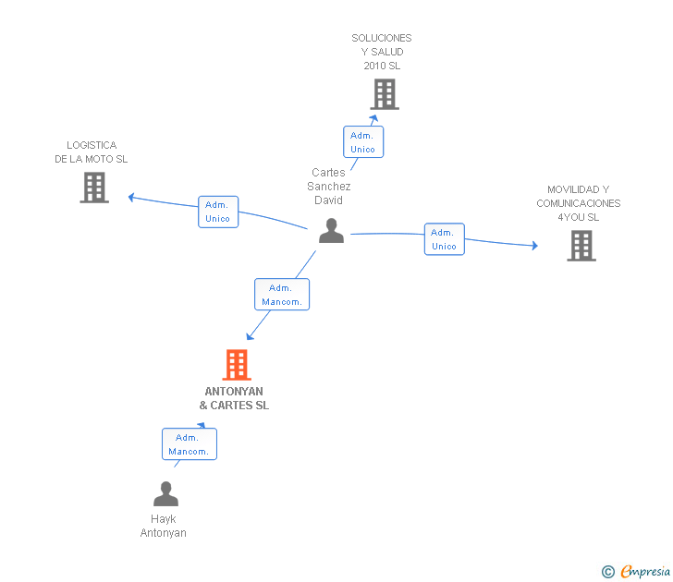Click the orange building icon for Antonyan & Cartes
pos(237,365)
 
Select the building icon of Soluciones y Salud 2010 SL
pos(385,94)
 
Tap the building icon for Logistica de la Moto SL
pos(94,188)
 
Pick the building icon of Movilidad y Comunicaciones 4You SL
pos(581,246)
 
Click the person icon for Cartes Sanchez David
pos(331,231)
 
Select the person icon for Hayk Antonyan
pos(165,494)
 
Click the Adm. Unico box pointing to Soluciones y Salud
pos(362,142)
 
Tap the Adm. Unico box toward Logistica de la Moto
pos(217,212)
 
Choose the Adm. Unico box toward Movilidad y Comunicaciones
pos(444,239)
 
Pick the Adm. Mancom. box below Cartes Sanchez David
pos(281,295)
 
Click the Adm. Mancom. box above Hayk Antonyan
pos(189,444)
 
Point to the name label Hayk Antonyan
pos(164,526)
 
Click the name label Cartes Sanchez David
pos(329,186)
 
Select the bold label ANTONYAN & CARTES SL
pos(234,398)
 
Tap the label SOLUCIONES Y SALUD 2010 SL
pos(382,52)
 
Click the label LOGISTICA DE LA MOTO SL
pos(92,152)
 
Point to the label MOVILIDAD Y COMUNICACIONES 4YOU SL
pos(579,203)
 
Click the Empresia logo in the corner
pos(645,572)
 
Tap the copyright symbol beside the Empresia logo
pos(608,572)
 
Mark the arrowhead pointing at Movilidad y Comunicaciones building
pos(533,246)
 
